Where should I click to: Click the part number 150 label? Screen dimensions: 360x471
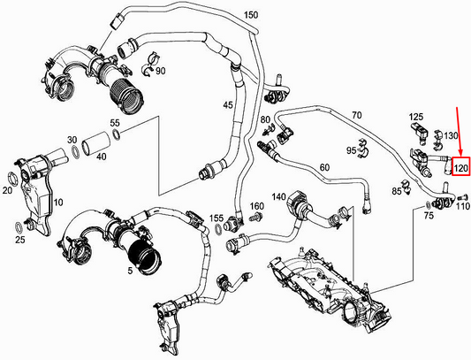(x=251, y=16)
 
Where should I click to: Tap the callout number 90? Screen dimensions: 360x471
(x=161, y=71)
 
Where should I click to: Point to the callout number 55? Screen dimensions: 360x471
(x=114, y=122)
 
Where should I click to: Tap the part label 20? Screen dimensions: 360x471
(x=8, y=189)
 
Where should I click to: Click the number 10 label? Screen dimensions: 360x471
(x=59, y=203)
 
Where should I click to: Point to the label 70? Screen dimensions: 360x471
(x=356, y=115)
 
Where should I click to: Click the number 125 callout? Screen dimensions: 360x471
(x=416, y=117)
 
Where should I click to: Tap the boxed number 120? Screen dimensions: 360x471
(x=461, y=165)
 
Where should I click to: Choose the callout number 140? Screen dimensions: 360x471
(x=278, y=196)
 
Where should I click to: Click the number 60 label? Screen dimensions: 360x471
(x=323, y=168)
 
